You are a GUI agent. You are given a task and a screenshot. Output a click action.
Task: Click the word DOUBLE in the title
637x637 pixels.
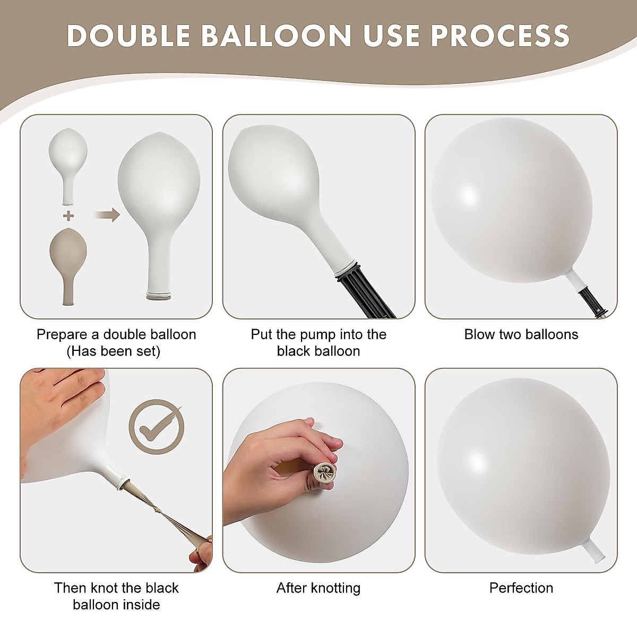tap(129, 36)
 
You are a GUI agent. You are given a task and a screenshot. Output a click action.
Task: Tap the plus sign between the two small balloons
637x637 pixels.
tap(68, 216)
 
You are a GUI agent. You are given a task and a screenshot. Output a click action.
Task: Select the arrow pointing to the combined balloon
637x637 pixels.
tap(107, 215)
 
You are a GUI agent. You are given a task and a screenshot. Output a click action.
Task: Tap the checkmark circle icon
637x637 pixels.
tap(156, 427)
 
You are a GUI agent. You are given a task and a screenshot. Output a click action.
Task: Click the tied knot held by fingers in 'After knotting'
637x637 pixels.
tap(323, 472)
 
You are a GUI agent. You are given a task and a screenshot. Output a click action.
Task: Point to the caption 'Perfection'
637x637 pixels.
tap(521, 588)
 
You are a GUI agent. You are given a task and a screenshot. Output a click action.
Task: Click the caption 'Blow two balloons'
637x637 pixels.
tap(521, 334)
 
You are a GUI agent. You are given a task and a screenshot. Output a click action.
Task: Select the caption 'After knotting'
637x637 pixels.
tap(318, 588)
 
